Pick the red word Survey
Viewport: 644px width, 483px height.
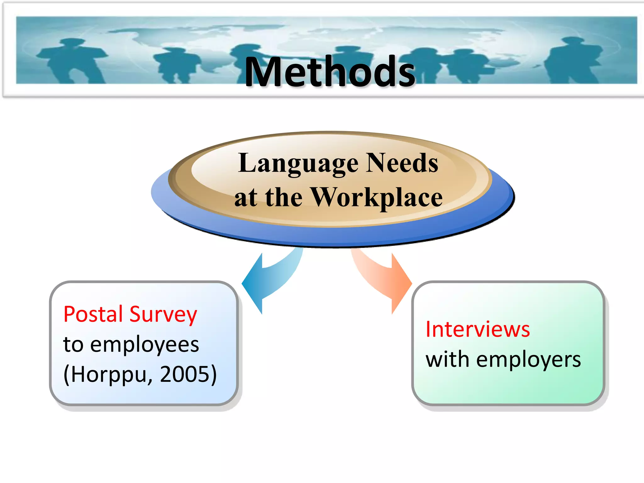pyautogui.click(x=164, y=314)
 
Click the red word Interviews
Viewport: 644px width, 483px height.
pyautogui.click(x=478, y=329)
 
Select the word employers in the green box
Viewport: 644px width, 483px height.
pyautogui.click(x=528, y=360)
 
